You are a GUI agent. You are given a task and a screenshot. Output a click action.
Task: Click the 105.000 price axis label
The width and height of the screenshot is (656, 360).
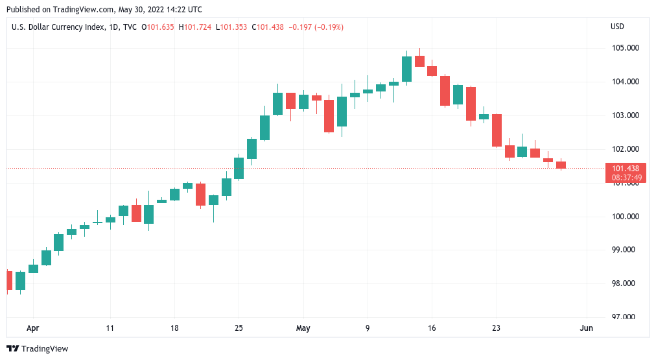pyautogui.click(x=625, y=48)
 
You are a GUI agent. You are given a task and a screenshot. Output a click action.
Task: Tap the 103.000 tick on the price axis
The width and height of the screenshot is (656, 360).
pyautogui.click(x=625, y=115)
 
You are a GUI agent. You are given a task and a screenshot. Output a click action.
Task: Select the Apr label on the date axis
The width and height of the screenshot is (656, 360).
pyautogui.click(x=33, y=328)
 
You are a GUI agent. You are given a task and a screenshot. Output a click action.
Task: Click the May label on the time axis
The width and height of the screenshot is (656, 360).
pyautogui.click(x=303, y=328)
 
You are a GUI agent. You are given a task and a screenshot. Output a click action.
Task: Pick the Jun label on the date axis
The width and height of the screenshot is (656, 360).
pyautogui.click(x=586, y=328)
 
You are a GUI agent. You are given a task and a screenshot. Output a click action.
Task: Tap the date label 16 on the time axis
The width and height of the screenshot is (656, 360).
pyautogui.click(x=432, y=328)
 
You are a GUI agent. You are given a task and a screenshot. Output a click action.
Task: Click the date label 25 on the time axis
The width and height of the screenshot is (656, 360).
pyautogui.click(x=239, y=328)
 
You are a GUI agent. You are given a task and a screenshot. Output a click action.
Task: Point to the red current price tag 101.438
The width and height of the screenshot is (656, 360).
pyautogui.click(x=625, y=169)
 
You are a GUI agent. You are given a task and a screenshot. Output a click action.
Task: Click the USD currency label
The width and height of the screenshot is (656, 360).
pyautogui.click(x=617, y=27)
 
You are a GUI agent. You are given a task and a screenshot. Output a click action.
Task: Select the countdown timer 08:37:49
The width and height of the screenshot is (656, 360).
pyautogui.click(x=625, y=177)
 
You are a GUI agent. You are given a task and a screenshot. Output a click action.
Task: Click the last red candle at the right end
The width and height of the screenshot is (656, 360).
pyautogui.click(x=561, y=165)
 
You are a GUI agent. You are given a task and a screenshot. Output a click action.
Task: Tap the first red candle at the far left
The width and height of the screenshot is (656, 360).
pyautogui.click(x=8, y=280)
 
